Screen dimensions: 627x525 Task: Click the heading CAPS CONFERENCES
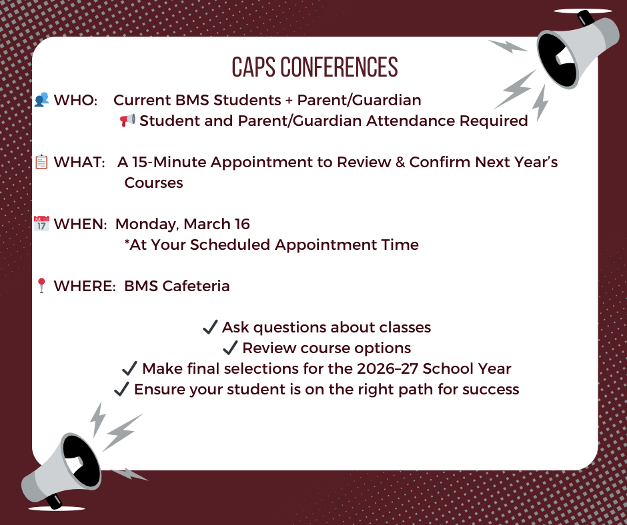coord(315,67)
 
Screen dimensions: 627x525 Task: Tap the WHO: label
coord(75,100)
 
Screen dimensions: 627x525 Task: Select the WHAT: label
coord(79,162)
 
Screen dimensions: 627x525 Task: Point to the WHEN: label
coord(80,224)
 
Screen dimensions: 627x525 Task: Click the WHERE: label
coord(85,286)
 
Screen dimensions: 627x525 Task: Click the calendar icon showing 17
coord(41,223)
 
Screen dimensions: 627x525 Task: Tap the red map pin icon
coord(41,286)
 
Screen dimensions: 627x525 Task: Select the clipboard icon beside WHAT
coord(41,162)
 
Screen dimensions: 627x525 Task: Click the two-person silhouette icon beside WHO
coord(41,99)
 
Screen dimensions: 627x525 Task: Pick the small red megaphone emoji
coord(127,120)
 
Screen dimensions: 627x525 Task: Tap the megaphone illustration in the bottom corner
coord(61,471)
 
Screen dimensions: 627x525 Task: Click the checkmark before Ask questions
coord(210,327)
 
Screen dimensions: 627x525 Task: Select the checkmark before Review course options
coord(230,348)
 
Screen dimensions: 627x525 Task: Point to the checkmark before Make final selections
coord(129,368)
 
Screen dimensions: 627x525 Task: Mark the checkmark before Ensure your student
coord(121,389)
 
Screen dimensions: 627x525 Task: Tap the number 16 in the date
coord(242,224)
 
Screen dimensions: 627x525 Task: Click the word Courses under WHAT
coord(153,183)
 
